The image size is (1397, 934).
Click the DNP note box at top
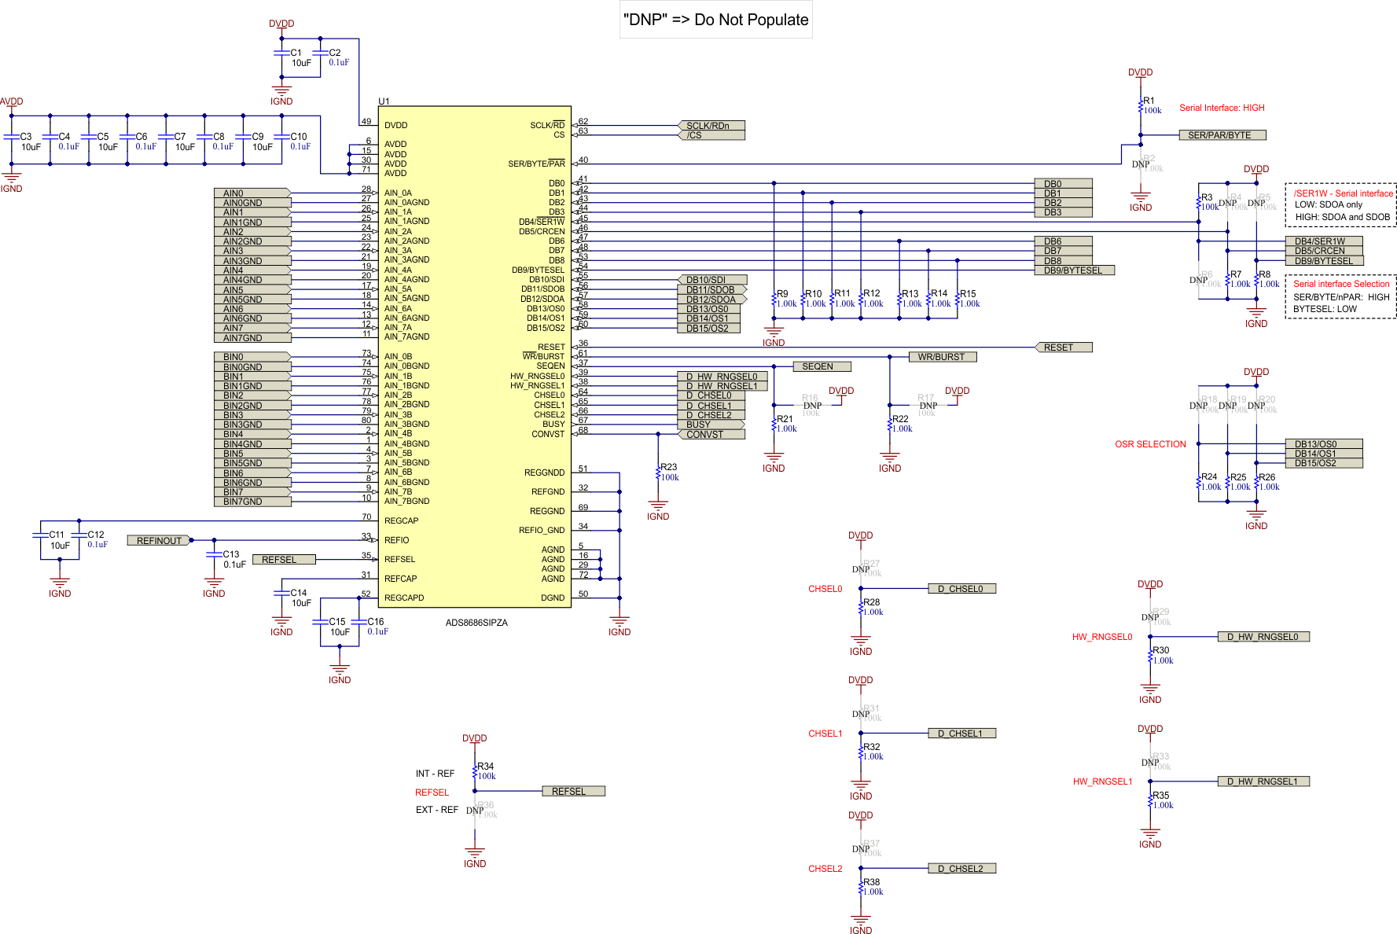[715, 20]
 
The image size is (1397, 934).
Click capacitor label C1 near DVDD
[296, 53]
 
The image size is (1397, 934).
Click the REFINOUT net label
[159, 540]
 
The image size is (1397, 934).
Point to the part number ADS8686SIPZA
[476, 623]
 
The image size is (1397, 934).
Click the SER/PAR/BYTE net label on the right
[1222, 135]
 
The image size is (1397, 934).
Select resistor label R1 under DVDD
[1149, 101]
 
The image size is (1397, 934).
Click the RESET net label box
[1063, 347]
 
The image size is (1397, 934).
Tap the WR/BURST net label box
[942, 357]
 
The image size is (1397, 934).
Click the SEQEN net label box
[821, 366]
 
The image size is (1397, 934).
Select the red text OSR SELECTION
[1150, 444]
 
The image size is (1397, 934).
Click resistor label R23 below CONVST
[668, 467]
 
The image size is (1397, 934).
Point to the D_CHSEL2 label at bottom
[961, 869]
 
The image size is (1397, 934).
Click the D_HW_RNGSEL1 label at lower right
[1263, 781]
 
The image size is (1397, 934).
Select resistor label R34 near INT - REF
[485, 767]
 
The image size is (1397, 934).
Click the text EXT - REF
[436, 810]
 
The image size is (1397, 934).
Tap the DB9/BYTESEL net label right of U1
[1073, 270]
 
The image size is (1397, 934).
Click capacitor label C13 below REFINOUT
[230, 554]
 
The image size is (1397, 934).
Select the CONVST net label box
[710, 434]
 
